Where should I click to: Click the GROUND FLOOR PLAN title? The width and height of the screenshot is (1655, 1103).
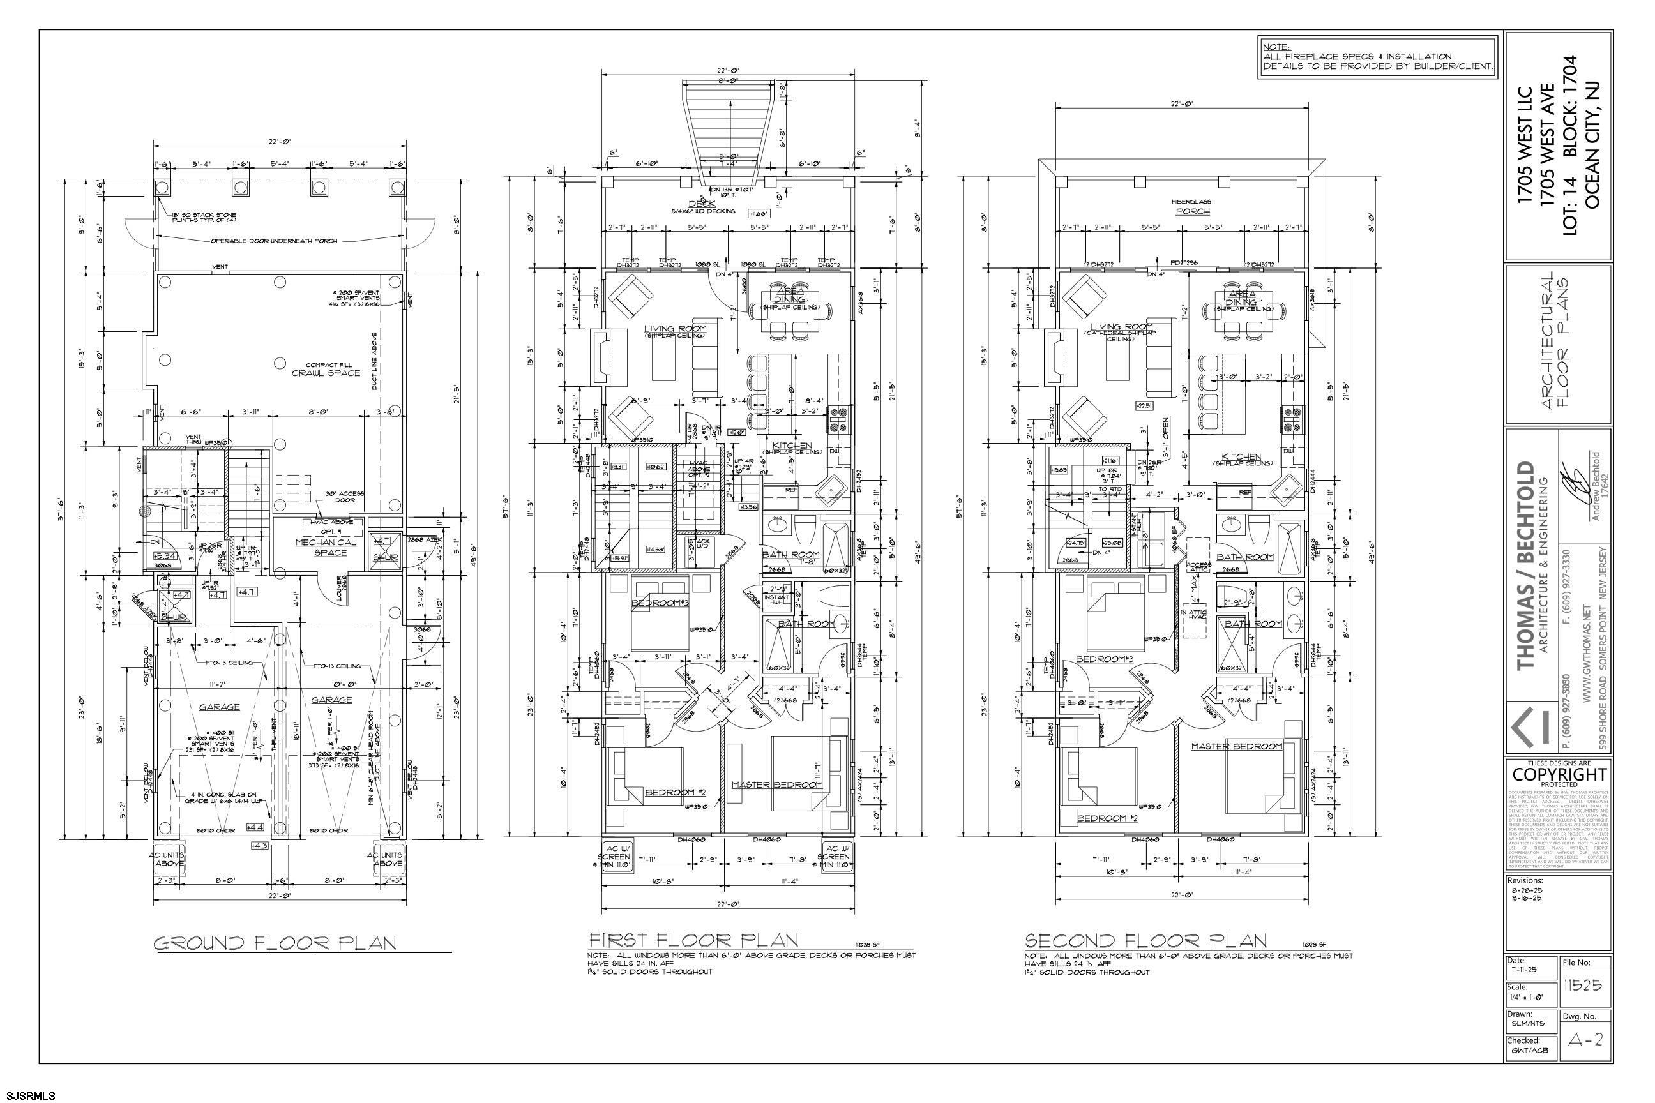point(275,943)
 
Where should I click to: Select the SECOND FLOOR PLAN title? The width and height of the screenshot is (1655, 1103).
point(1145,940)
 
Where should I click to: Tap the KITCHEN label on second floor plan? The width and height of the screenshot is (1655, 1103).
point(1241,456)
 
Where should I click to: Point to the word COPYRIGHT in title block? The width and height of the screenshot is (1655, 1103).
point(1559,774)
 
